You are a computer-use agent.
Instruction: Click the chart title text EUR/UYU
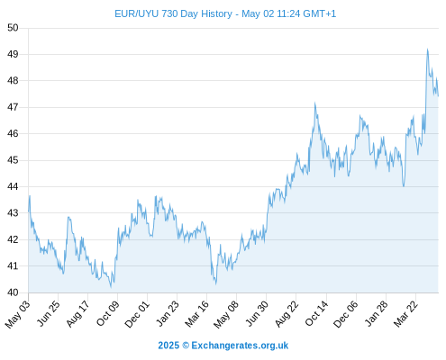pos(137,14)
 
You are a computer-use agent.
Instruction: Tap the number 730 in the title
pos(169,14)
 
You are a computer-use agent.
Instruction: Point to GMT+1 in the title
pos(319,14)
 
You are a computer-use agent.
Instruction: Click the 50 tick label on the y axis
pos(13,28)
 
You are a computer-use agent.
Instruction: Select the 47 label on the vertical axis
pos(13,107)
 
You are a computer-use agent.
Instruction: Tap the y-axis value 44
pos(13,186)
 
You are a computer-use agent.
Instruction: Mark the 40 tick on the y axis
pos(13,292)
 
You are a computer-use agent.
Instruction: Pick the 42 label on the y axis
pos(13,239)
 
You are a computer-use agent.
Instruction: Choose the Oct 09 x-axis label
pos(108,313)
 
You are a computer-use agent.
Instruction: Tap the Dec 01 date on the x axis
pos(137,314)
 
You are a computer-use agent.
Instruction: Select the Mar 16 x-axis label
pos(197,314)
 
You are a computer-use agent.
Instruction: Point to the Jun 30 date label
pos(257,313)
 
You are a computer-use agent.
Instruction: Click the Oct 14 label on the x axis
pos(317,313)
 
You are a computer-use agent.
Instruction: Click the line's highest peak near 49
pos(427,49)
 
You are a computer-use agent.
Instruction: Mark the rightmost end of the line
pos(438,96)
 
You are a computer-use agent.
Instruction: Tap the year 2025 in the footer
pos(168,346)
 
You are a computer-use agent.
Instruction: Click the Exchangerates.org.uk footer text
pos(240,346)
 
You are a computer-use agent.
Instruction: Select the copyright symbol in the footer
pos(186,346)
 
